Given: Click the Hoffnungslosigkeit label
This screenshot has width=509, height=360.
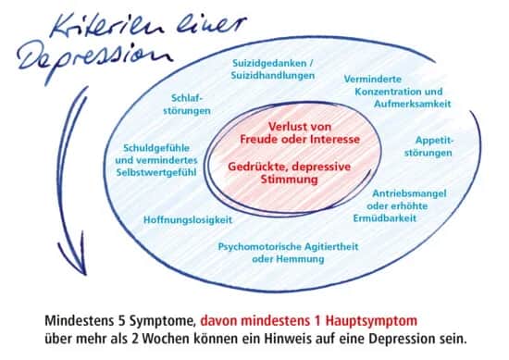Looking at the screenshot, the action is (x=188, y=220).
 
